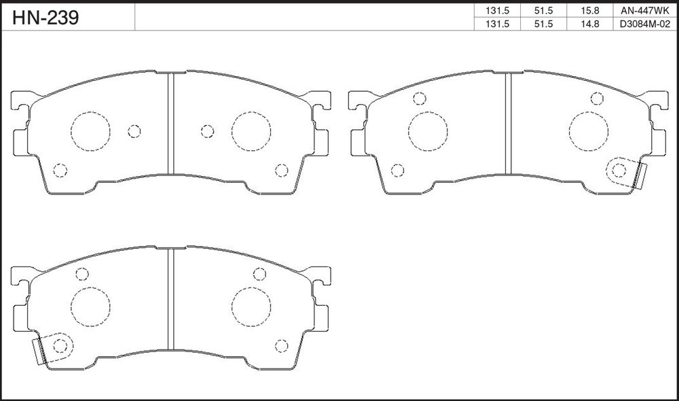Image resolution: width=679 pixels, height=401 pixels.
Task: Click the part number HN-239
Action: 45,18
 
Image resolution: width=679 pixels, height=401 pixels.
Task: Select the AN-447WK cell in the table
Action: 642,10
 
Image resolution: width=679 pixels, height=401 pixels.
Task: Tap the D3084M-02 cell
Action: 642,24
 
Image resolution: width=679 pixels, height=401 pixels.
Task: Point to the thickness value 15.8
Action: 590,10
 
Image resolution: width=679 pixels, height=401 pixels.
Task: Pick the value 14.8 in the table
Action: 590,24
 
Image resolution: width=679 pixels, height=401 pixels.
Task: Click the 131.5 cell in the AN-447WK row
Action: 497,10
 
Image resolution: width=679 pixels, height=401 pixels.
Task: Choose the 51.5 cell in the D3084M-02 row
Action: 543,24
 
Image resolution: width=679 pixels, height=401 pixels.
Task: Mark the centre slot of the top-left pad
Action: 170,124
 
